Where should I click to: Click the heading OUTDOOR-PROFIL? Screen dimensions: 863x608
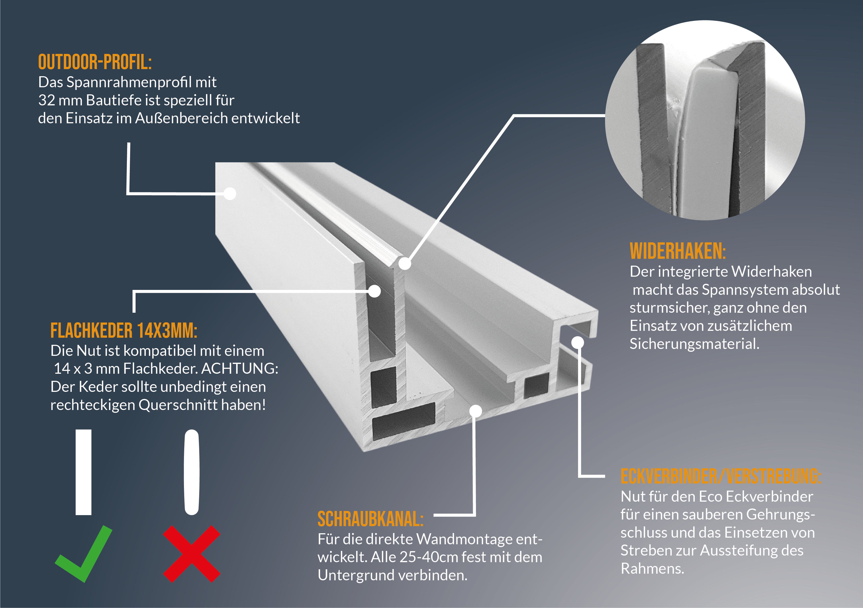(95, 62)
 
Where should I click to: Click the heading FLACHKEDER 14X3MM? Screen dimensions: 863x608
(124, 331)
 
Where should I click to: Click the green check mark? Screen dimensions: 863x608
(84, 554)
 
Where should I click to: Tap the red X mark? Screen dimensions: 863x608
(192, 554)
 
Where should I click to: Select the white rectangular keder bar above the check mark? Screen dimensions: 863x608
(84, 472)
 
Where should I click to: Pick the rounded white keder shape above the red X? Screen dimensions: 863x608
(192, 472)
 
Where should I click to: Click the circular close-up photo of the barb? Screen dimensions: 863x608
(705, 120)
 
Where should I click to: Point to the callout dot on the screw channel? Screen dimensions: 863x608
(476, 411)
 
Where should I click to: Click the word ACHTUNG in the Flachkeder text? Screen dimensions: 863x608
(240, 369)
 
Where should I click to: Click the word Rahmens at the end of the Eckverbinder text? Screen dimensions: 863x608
(652, 569)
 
